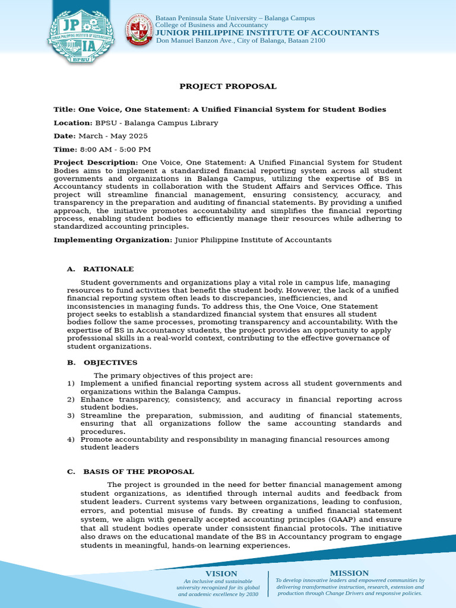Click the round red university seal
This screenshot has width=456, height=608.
tap(138, 29)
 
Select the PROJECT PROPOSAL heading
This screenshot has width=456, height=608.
tap(228, 87)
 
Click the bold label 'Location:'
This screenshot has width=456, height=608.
tap(73, 123)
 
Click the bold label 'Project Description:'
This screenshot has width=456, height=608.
tap(96, 163)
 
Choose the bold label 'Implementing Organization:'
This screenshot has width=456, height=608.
tap(113, 240)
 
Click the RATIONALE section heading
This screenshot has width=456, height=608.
tap(108, 269)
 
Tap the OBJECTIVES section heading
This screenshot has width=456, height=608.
tap(110, 362)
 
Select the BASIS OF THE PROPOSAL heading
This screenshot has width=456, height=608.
tap(138, 471)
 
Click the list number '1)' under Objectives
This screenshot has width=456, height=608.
tap(71, 384)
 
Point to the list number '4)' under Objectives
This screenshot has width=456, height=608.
tap(71, 439)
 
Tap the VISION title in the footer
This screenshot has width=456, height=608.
tap(221, 574)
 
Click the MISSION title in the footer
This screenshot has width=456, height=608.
tap(350, 573)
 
